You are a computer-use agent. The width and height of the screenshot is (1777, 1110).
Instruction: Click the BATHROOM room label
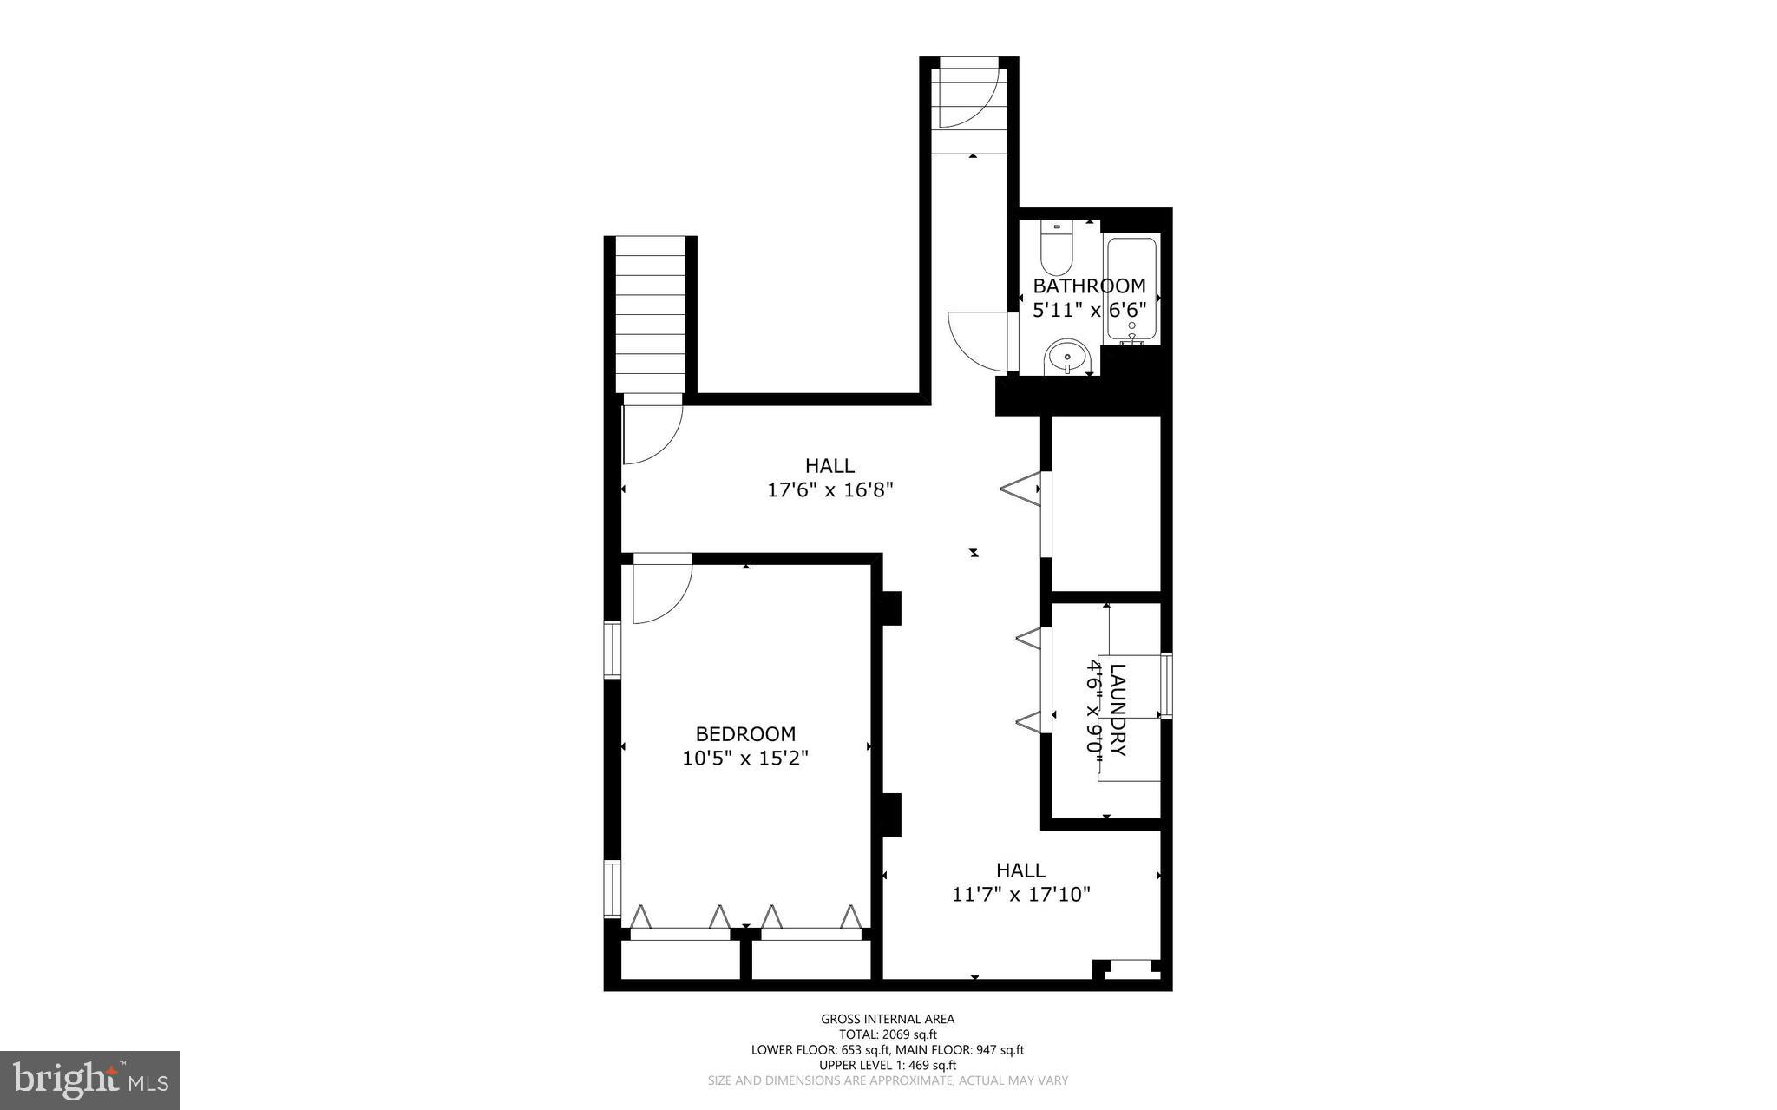pos(1089,286)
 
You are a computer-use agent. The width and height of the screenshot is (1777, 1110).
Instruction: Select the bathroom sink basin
pos(1068,356)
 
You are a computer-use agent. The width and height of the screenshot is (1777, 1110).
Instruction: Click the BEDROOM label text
pos(745,734)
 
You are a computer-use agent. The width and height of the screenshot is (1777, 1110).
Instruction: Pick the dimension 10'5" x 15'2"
pos(745,759)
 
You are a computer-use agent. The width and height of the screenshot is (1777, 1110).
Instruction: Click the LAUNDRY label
pos(1118,710)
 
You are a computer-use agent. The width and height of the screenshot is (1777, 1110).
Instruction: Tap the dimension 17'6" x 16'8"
pos(830,490)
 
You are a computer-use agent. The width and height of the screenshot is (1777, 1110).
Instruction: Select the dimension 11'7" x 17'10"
pos(1020,894)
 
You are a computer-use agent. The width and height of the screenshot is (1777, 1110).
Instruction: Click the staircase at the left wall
pos(651,317)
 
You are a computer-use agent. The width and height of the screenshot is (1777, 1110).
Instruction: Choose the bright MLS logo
pos(90,1080)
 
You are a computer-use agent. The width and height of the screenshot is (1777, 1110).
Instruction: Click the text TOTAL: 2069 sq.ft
pos(888,1034)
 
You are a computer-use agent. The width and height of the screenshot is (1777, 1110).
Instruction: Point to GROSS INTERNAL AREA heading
pos(888,1019)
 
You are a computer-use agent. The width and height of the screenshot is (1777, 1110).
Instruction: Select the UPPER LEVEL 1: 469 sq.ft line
pos(888,1065)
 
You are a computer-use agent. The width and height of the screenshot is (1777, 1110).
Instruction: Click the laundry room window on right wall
pos(1167,686)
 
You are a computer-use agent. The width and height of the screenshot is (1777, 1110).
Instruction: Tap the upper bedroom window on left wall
pos(613,649)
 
